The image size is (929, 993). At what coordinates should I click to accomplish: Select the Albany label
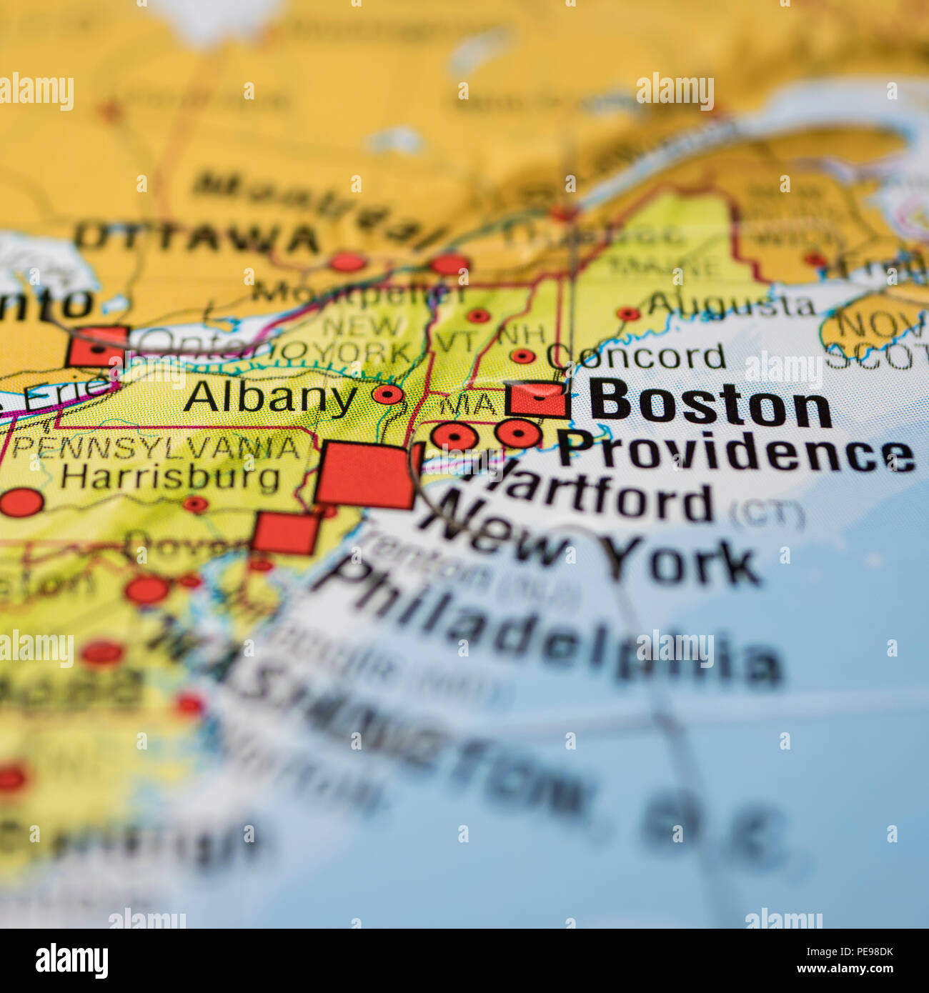coord(270,397)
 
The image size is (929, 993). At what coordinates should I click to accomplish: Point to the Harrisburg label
coord(169,476)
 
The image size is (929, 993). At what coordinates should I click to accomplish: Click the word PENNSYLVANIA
coord(156,448)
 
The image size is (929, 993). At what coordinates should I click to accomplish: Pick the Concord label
coord(636,356)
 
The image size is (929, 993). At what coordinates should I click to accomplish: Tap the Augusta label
coord(730,306)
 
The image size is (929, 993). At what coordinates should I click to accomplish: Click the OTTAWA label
coord(197,238)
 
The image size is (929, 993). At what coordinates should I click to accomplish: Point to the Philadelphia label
coord(550,629)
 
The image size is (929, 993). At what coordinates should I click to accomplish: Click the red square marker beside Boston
coord(537,399)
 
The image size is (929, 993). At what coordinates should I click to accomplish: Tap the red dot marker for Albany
coord(388,394)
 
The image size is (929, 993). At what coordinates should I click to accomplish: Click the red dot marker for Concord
coord(522,356)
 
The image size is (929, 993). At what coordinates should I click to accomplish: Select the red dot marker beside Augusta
coord(628,314)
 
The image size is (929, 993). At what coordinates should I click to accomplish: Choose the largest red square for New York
coord(364,475)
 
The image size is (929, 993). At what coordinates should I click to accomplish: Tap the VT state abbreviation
coord(452,341)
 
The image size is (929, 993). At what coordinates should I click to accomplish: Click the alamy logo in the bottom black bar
coord(71,961)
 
